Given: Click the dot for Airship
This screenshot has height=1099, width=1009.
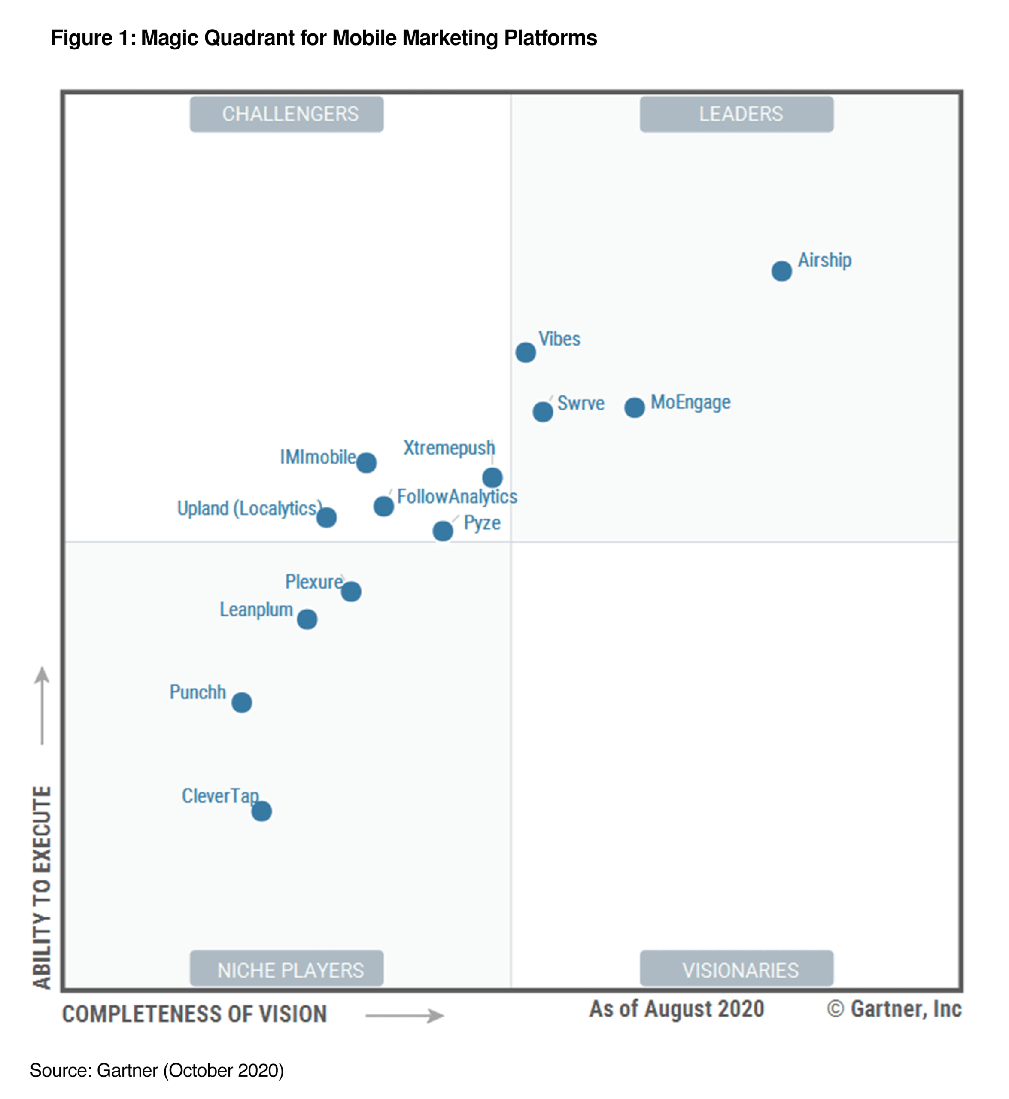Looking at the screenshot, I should pos(781,271).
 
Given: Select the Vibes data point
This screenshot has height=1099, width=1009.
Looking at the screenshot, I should pos(525,352).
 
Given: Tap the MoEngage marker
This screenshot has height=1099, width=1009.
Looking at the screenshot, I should pos(634,407).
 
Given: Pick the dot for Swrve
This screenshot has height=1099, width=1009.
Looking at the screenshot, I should pos(543,412).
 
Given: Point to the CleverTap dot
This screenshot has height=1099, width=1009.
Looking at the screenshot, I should pos(261,811).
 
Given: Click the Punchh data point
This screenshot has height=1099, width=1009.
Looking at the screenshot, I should pos(241,703).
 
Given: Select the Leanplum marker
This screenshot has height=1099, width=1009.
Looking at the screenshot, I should pos(307,619).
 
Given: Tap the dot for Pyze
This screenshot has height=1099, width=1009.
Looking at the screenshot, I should pos(443,531).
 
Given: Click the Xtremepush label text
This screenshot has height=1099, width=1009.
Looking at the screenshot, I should pos(449,448).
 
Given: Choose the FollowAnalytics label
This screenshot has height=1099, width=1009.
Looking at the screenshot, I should pos(457,497).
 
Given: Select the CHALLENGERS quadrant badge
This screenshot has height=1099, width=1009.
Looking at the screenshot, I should pos(287,114).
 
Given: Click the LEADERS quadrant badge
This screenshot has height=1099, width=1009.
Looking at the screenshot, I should pos(736,114).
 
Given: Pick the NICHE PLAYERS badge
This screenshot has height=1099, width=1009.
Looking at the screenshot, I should pos(287,970).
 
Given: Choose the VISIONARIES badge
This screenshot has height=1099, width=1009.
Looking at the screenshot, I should pos(736,970).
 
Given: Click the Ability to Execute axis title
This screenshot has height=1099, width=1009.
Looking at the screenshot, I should pos(42,888).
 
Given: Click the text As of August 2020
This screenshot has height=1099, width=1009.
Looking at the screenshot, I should pos(677,1009).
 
